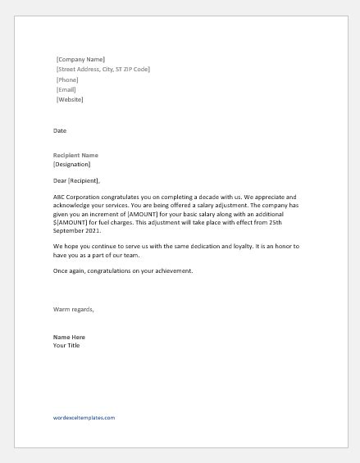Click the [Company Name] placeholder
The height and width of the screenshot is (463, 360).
[80, 60]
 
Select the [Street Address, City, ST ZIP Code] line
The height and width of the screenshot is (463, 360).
[103, 70]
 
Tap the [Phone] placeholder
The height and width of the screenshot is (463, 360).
[67, 79]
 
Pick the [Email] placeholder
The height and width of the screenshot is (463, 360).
[66, 90]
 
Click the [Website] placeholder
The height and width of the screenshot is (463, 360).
[70, 100]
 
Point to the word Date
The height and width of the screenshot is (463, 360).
[59, 130]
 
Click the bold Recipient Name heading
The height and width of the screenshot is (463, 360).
[75, 155]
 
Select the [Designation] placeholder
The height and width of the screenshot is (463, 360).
[71, 164]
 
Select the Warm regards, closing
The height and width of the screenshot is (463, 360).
[74, 309]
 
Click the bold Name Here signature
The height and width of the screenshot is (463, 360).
[69, 337]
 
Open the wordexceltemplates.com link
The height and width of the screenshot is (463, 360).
[84, 417]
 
